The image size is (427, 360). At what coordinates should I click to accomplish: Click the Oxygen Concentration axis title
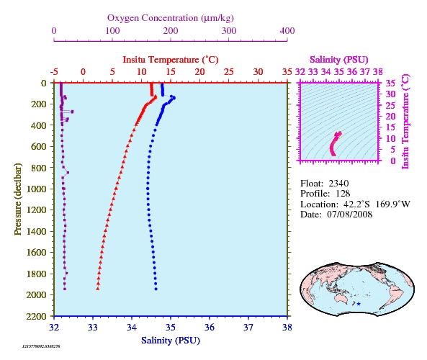171,18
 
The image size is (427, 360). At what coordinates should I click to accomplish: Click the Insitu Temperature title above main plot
171,60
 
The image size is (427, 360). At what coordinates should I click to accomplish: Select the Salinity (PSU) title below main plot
171,341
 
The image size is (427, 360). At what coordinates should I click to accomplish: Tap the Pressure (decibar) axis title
18,199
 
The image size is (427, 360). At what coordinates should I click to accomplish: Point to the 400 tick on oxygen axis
287,31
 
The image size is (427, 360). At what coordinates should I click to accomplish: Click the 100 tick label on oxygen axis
112,31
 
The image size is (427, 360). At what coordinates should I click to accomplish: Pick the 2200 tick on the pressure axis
36,316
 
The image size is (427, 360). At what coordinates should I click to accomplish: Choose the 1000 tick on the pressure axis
36,189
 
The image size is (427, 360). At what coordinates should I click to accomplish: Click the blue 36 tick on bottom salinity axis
210,328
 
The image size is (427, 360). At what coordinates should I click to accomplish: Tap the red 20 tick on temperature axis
199,72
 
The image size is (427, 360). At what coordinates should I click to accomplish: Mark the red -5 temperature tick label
54,72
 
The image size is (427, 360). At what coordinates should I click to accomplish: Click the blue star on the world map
359,304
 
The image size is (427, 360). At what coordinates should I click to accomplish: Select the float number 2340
338,184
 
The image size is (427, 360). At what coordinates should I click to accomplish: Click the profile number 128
343,194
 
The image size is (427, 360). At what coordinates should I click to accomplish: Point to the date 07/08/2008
350,215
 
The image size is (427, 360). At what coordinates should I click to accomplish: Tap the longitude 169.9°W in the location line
393,204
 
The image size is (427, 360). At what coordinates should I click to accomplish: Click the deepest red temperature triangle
98,289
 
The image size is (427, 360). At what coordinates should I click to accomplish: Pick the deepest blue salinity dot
156,289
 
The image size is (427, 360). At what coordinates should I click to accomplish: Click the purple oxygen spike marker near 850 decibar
68,172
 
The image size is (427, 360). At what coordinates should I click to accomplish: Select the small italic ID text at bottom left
41,346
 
